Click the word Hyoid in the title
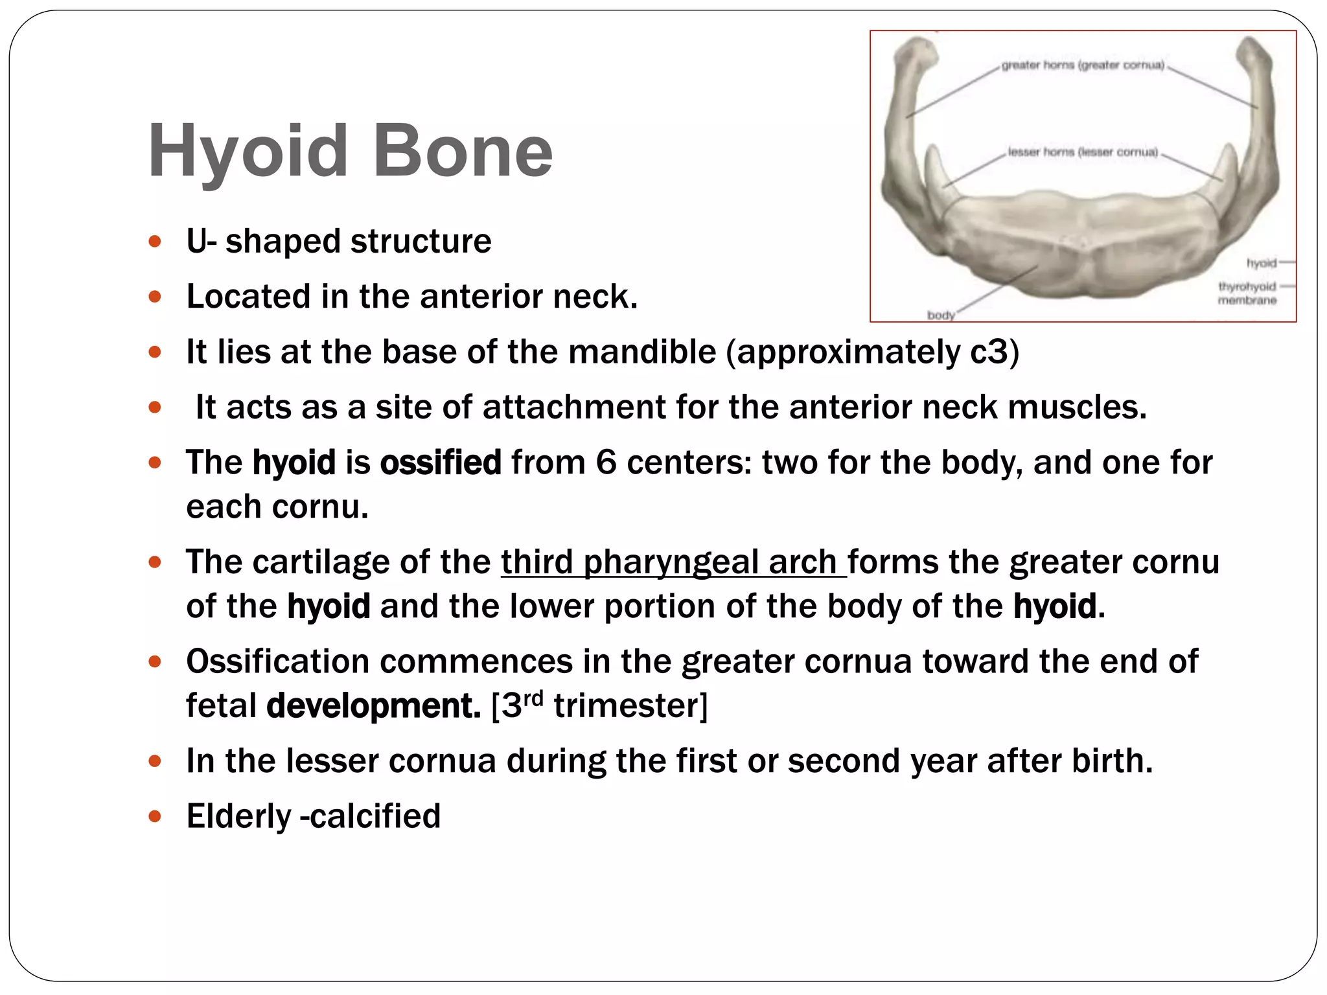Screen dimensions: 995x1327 pos(248,152)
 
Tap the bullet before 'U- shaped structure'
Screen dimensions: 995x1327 pos(154,242)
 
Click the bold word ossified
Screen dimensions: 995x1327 pos(441,463)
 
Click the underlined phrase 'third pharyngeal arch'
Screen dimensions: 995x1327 pos(673,562)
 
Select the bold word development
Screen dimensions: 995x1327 pos(373,705)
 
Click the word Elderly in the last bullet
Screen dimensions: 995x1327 pos(238,816)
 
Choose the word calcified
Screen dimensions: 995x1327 pos(375,816)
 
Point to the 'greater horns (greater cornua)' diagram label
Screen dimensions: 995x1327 pos(1083,65)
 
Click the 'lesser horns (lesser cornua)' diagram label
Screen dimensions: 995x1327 pos(1083,152)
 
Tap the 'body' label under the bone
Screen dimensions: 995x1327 pos(941,315)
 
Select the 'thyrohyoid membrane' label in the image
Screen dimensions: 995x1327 pos(1247,293)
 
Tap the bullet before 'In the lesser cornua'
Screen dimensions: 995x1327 pos(154,761)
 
